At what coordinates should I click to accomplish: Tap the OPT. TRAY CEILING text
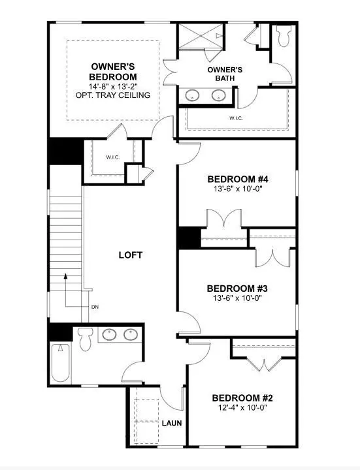click(x=113, y=95)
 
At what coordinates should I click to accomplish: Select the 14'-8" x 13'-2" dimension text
click(x=113, y=86)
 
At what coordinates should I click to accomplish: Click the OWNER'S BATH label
click(x=225, y=74)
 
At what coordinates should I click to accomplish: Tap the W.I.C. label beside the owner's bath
click(x=236, y=118)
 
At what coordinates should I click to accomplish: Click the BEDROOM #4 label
click(x=237, y=179)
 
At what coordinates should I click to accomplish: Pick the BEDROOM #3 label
click(x=237, y=289)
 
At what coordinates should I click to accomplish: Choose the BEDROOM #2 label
click(x=241, y=398)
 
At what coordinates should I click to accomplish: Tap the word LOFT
click(x=130, y=255)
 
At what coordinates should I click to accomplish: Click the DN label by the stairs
click(x=95, y=307)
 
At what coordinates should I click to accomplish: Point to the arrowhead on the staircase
click(x=65, y=277)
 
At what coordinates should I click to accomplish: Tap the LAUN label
click(x=172, y=423)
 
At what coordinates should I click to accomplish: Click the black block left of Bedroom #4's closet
click(x=189, y=238)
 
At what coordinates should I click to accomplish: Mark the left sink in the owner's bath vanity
click(x=193, y=95)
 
